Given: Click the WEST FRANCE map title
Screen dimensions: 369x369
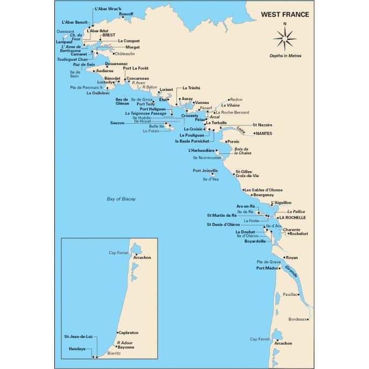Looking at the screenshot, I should click(x=285, y=15).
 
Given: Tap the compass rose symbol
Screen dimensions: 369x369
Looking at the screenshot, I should click(x=285, y=39).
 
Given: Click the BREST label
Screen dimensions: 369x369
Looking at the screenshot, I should click(x=108, y=35).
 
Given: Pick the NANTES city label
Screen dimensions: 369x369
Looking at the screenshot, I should click(x=264, y=133).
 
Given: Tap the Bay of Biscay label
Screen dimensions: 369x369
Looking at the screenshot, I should click(x=121, y=199).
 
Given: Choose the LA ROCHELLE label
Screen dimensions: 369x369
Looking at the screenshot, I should click(x=292, y=218).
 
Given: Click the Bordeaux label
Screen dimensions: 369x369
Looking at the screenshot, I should click(x=297, y=319).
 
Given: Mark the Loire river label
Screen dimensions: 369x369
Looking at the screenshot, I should click(x=240, y=130).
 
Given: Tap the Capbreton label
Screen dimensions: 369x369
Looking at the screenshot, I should click(x=128, y=332).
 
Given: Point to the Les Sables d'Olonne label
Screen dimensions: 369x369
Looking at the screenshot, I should click(x=263, y=190).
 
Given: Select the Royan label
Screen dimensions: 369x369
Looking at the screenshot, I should click(x=292, y=258).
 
